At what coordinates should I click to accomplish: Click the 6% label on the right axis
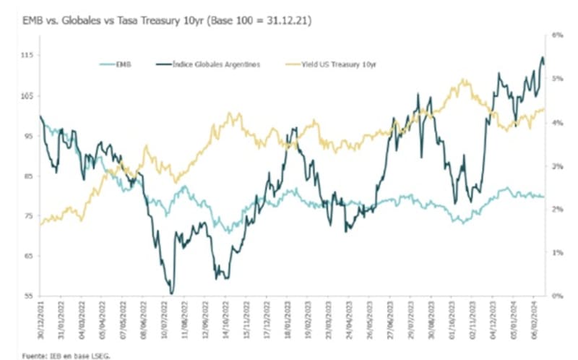pyautogui.click(x=558, y=35)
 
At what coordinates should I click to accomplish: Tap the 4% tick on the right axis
pyautogui.click(x=558, y=122)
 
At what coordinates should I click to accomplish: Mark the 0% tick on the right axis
pyautogui.click(x=558, y=296)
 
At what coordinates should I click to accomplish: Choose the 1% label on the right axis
pyautogui.click(x=558, y=252)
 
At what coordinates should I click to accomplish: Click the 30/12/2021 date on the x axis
pyautogui.click(x=41, y=319)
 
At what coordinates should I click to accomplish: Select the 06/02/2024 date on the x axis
pyautogui.click(x=535, y=319)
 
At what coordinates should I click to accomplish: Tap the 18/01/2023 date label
pyautogui.click(x=288, y=319)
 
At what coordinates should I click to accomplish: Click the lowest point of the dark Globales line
pyautogui.click(x=171, y=293)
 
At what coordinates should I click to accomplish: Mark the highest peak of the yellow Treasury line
pyautogui.click(x=462, y=80)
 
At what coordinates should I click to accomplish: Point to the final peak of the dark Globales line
pyautogui.click(x=543, y=58)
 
